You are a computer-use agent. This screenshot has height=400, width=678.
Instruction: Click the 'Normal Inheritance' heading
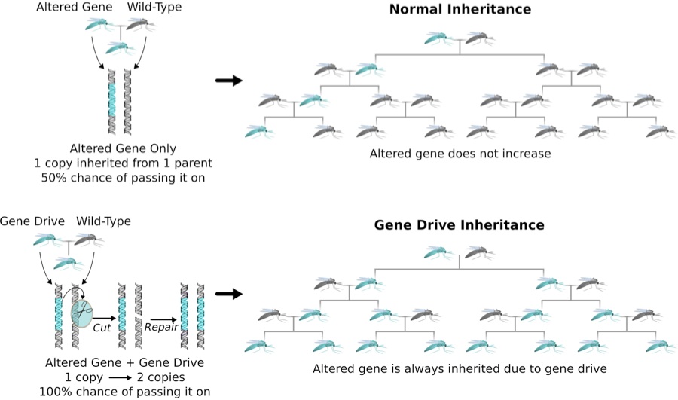pyautogui.click(x=460, y=10)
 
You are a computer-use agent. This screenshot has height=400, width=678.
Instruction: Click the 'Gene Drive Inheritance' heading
pyautogui.click(x=460, y=225)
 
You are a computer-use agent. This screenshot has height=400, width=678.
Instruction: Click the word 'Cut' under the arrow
pyautogui.click(x=102, y=328)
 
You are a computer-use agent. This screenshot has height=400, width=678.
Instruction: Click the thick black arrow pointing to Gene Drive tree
pyautogui.click(x=228, y=294)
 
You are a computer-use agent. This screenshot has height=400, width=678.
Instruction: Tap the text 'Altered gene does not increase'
pyautogui.click(x=460, y=154)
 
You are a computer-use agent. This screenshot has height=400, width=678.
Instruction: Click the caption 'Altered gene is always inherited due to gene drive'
pyautogui.click(x=460, y=369)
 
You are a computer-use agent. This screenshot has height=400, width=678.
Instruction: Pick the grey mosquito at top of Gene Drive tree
pyautogui.click(x=480, y=254)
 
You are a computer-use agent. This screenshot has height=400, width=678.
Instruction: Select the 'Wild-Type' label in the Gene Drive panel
pyautogui.click(x=104, y=221)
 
